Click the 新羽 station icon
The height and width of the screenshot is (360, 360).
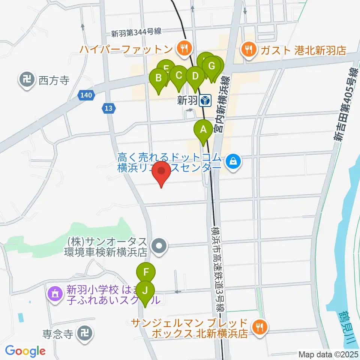[x=205, y=100]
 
